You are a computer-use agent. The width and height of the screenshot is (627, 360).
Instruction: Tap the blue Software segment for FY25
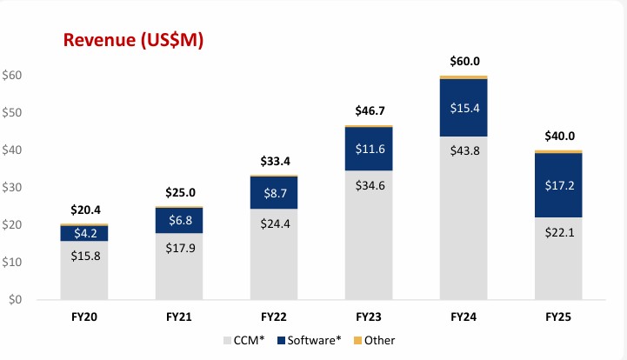(x=558, y=185)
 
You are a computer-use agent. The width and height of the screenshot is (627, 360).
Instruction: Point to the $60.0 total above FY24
(x=464, y=61)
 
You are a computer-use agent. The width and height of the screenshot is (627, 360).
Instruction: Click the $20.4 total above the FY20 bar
(x=84, y=210)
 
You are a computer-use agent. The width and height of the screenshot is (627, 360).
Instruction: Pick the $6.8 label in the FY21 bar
(x=179, y=221)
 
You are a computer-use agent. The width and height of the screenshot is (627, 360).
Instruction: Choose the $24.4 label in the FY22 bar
(x=274, y=248)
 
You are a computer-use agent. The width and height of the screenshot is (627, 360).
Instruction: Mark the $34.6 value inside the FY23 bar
(x=369, y=235)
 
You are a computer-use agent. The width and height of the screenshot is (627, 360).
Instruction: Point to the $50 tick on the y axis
(x=12, y=113)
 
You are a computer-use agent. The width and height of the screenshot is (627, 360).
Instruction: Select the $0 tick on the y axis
(x=15, y=300)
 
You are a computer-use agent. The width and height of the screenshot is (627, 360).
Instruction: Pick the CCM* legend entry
(x=247, y=339)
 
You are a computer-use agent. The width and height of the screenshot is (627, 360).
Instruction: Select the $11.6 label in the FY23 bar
(x=369, y=149)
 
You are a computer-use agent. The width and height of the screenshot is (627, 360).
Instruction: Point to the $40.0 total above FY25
(x=558, y=136)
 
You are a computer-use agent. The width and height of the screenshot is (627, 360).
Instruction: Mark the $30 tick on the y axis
(x=12, y=188)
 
